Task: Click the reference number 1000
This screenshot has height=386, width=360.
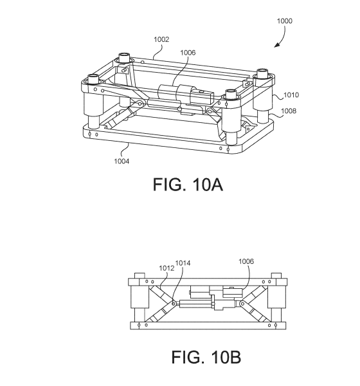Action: click(284, 21)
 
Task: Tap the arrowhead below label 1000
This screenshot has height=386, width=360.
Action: click(278, 44)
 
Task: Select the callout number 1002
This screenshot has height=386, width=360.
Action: click(161, 39)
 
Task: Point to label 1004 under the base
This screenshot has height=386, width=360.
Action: click(122, 161)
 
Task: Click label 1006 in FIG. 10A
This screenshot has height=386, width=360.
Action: click(188, 53)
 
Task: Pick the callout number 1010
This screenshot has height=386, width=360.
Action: click(291, 95)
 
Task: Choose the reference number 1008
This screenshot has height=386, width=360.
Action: click(289, 111)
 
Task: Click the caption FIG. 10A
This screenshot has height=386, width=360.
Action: click(188, 185)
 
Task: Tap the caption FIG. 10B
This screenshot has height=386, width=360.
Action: click(206, 357)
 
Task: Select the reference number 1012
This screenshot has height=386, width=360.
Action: click(166, 268)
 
